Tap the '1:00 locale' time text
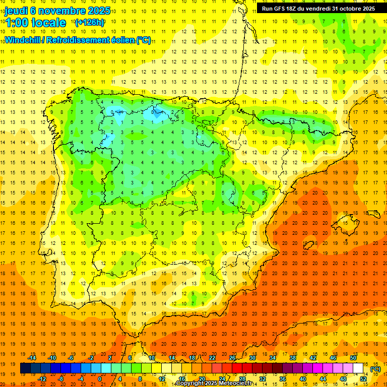point(35,23)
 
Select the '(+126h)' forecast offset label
point(89,22)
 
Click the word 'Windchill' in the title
point(22,40)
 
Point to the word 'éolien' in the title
point(122,40)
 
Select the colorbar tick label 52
point(363,379)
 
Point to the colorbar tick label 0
point(99,379)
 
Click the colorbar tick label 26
point(232,358)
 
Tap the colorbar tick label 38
point(292,358)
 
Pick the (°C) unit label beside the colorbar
point(375,369)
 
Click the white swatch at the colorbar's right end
point(358,368)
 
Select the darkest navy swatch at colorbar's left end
point(25,368)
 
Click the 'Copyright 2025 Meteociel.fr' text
point(217,383)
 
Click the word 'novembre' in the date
point(60,11)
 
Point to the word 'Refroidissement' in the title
point(78,40)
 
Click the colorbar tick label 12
point(162,379)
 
